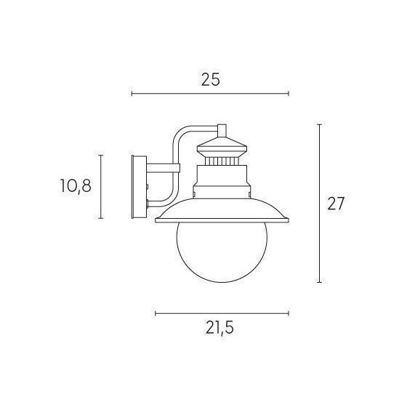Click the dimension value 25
(211, 79)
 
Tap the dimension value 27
(336, 203)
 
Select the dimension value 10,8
(76, 186)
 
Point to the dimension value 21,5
(219, 329)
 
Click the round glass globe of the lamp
(222, 251)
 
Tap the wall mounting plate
(140, 187)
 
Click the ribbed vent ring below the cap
(222, 161)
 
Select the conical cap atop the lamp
(222, 145)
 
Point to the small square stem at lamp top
(222, 131)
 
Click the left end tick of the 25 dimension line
(132, 94)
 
